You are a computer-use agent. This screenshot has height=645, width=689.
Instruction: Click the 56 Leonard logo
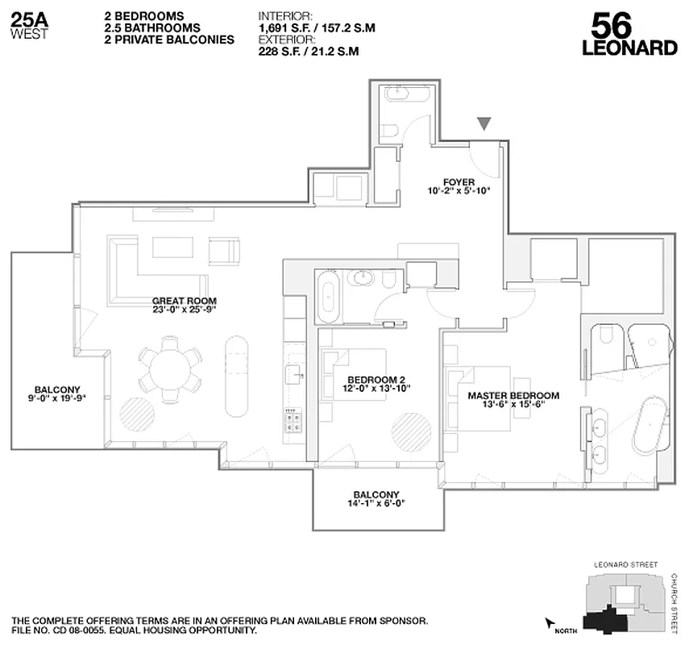629,34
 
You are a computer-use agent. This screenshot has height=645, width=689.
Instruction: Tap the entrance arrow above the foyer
484,123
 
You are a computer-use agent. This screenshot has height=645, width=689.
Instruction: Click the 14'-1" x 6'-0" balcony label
376,499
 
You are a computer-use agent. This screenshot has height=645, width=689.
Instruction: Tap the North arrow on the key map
552,623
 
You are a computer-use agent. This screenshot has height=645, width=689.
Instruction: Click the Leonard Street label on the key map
625,565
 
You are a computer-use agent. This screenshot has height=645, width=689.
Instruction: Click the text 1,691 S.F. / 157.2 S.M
316,28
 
